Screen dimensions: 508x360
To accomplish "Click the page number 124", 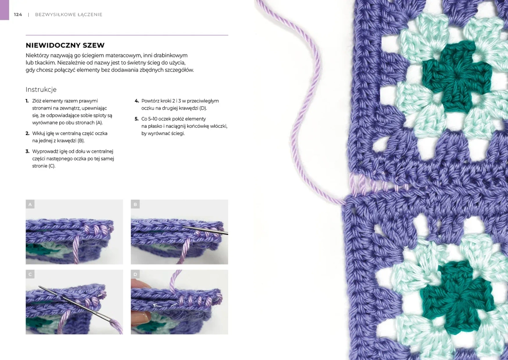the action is [x=18, y=14].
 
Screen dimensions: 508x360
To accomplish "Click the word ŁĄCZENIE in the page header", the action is [x=90, y=14].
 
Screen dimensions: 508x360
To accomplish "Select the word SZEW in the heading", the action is [x=93, y=45].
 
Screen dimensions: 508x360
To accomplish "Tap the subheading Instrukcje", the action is [x=41, y=90].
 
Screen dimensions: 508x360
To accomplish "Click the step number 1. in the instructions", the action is [x=27, y=101].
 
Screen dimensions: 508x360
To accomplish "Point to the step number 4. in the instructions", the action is [x=137, y=101].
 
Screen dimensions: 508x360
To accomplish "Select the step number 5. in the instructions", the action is [x=136, y=119].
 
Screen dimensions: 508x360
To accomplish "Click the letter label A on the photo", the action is [x=30, y=204].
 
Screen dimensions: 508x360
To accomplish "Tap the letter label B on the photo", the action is [x=135, y=204].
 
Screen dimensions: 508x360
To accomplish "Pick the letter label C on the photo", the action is [x=30, y=275].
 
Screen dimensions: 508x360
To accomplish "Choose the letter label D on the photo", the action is [x=135, y=275].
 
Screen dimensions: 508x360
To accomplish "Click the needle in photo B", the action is [x=205, y=230].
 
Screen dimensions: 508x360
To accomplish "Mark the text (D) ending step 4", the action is [x=203, y=108].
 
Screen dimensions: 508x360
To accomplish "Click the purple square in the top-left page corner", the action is [x=4, y=10].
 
